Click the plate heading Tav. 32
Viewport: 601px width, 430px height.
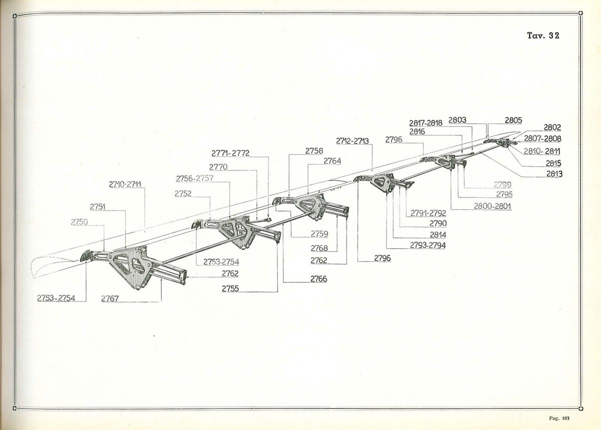[x=543, y=36]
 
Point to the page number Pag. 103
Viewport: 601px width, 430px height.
[x=560, y=418]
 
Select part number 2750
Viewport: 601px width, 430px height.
[x=79, y=222]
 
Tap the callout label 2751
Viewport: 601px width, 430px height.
[x=98, y=206]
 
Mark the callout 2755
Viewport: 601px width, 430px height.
[x=230, y=289]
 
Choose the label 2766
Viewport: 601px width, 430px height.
[x=319, y=279]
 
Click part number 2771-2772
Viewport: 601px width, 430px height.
[x=230, y=153]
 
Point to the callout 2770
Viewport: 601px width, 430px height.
[x=218, y=167]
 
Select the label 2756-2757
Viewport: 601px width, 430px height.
[x=194, y=178]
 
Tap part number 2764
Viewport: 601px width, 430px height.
[x=332, y=161]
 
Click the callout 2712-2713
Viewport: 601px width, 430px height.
[x=353, y=141]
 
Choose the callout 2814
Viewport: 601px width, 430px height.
[x=438, y=234]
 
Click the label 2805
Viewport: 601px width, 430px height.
[x=513, y=120]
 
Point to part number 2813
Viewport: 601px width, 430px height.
[x=554, y=174]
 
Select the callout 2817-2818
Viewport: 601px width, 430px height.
[x=426, y=123]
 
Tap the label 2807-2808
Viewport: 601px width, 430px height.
[x=543, y=139]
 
